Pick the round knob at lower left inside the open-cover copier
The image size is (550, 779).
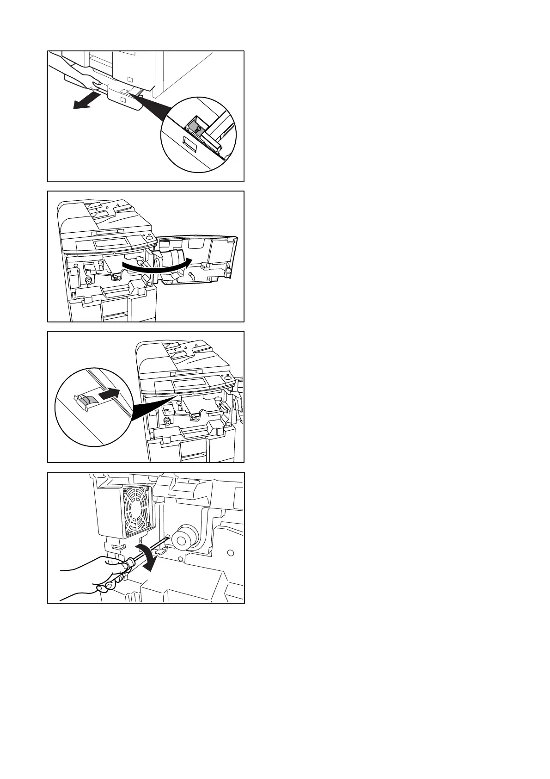coord(88,281)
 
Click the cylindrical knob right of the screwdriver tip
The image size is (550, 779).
coord(186,538)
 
